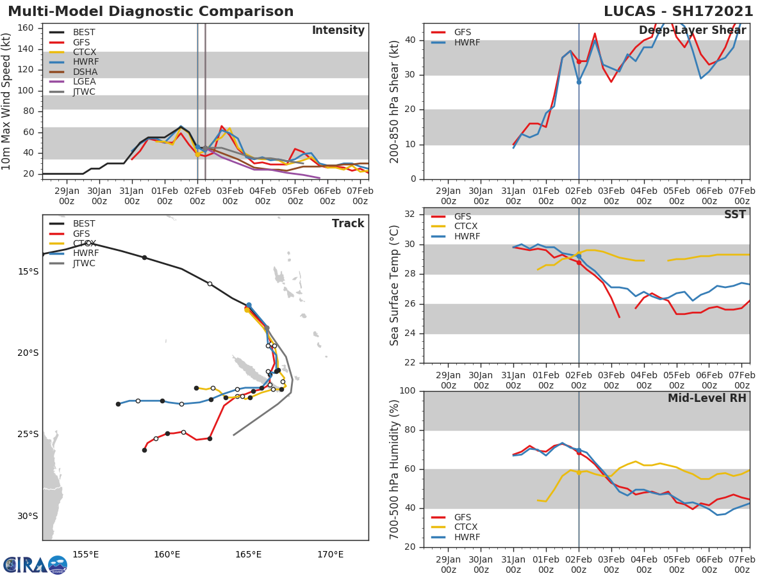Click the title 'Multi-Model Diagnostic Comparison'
pos(151,12)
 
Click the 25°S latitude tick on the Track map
pos(28,434)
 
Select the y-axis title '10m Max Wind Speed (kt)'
pos(7,101)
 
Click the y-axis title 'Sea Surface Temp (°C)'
pos(395,285)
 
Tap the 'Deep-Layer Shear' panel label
pos(692,31)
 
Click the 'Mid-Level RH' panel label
pos(707,398)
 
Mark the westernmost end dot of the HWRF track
pos(118,404)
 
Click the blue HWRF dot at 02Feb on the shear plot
pos(579,82)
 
